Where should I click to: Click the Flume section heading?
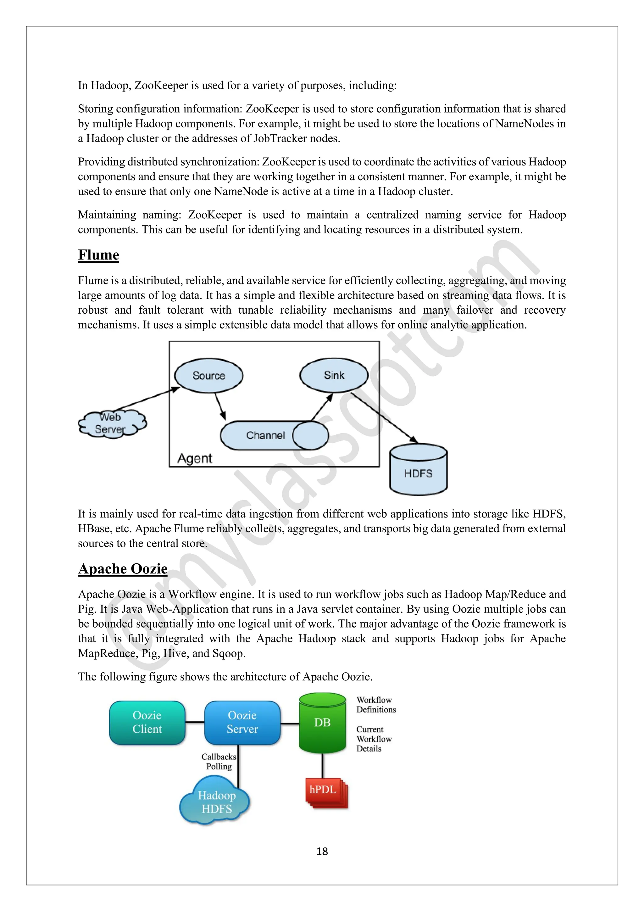(x=98, y=255)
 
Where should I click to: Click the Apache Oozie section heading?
(x=123, y=568)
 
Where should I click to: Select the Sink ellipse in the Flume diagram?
(x=334, y=375)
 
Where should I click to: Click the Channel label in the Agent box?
(x=265, y=435)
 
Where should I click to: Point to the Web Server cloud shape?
(x=111, y=423)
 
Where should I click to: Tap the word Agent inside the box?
(x=195, y=458)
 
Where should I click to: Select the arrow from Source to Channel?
(x=220, y=406)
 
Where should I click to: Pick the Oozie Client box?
(x=147, y=723)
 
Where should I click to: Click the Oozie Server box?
(x=242, y=723)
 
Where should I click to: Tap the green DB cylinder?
(x=322, y=723)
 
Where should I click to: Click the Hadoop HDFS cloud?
(x=215, y=802)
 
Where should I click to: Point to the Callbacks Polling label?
(x=219, y=761)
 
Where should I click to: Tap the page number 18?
(x=322, y=852)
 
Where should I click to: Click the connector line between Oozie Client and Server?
(x=195, y=723)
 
